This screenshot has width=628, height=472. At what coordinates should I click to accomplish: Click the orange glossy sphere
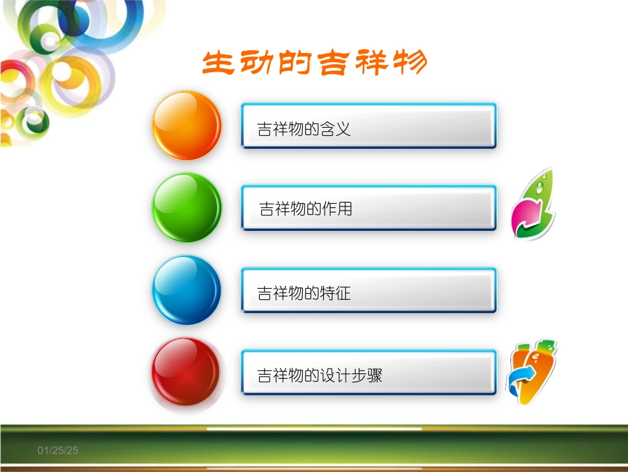coord(187,125)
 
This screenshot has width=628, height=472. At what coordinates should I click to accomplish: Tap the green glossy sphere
coord(187,208)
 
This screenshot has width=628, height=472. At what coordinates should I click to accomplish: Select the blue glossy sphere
coord(187,290)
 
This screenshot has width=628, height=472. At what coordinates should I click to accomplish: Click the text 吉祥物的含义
coord(303,129)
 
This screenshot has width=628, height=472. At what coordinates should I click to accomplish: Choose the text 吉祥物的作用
coord(306,210)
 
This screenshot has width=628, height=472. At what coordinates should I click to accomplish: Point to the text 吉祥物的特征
coord(303,293)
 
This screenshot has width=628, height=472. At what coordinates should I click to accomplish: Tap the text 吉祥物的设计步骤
coord(319,376)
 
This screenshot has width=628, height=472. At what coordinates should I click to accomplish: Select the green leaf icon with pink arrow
coord(533,205)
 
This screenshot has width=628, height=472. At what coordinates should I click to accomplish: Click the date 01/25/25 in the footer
coord(58,450)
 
